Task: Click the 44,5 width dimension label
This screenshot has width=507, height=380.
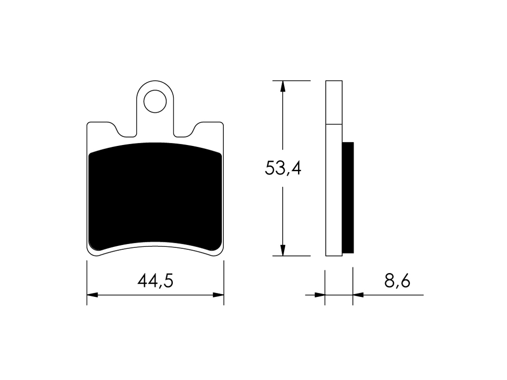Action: (155, 281)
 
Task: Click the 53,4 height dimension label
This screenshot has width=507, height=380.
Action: (283, 168)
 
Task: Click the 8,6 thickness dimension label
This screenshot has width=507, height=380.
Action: (398, 281)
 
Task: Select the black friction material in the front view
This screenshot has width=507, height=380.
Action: (155, 196)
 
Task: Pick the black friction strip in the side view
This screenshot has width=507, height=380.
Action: (348, 197)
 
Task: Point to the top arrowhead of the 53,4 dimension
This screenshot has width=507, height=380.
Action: (283, 87)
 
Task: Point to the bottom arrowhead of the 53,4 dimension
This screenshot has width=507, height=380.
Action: (283, 250)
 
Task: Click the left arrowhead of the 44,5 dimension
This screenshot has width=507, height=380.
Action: (93, 295)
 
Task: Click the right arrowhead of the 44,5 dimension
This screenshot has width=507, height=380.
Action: (218, 295)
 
